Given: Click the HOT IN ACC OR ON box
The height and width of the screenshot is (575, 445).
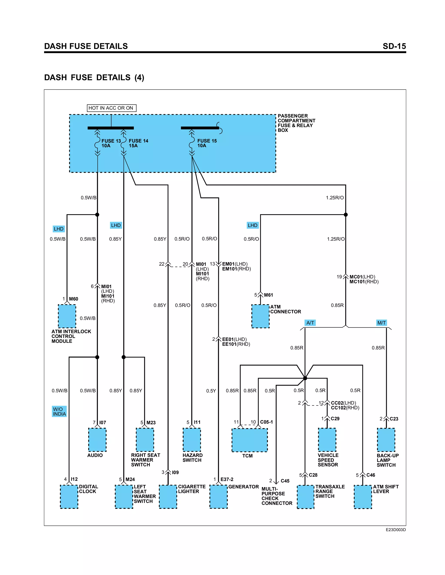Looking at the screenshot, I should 111,108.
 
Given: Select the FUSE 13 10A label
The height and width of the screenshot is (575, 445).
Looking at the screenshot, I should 111,143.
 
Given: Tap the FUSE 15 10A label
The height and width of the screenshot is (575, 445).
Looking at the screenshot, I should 207,143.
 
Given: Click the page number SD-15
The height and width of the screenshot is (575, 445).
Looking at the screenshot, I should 394,46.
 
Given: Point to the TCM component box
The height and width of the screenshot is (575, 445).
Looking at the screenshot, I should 249,440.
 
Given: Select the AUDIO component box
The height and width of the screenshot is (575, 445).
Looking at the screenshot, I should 97,440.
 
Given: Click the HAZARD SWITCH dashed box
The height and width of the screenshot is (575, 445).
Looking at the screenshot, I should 192,440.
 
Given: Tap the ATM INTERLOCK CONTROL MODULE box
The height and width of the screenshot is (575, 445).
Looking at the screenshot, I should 67,316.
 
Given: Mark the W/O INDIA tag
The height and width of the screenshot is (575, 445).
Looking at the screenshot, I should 59,411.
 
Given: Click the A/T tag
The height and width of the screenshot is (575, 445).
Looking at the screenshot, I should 310,323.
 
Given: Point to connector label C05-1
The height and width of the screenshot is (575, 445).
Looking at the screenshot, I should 266,422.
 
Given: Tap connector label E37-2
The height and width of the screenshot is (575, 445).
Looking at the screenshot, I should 227,480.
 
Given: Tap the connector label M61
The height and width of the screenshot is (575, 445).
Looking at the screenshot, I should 268,295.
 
